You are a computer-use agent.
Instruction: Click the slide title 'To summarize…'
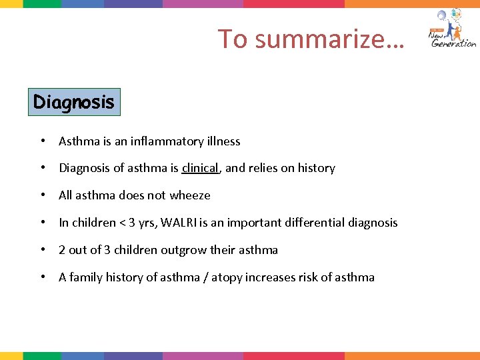click(x=311, y=39)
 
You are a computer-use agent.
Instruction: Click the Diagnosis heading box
click(x=74, y=103)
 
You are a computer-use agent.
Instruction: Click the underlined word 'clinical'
click(x=200, y=169)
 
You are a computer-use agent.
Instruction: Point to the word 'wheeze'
click(x=191, y=196)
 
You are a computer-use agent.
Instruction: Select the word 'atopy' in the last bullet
click(x=226, y=277)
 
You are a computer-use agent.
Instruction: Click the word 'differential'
click(x=311, y=223)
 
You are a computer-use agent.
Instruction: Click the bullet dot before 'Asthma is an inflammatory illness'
click(x=42, y=141)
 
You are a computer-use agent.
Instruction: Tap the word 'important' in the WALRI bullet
click(x=255, y=223)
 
